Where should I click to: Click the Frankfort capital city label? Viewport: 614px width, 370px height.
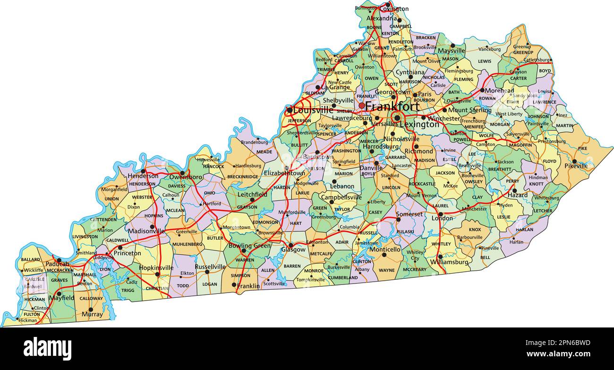[x=392, y=106]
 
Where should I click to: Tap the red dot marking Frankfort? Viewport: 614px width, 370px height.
[x=361, y=105]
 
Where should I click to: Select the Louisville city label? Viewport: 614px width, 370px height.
[x=313, y=110]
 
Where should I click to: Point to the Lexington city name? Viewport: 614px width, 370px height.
[x=419, y=125]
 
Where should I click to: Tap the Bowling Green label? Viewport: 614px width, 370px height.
[x=249, y=246]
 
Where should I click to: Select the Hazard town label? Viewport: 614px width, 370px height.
[x=518, y=195]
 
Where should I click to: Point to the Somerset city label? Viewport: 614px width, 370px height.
[x=409, y=214]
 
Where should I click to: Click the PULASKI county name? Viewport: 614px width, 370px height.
[x=405, y=232]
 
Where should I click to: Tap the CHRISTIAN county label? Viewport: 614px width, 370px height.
[x=157, y=288]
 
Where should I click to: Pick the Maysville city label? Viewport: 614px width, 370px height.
[x=451, y=51]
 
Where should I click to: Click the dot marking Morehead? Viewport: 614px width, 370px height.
[x=482, y=90]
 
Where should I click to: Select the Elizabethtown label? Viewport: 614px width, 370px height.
[x=284, y=173]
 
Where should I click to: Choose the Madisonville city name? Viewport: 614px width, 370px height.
[x=146, y=231]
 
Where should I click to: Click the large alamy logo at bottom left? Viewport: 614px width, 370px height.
[x=47, y=349]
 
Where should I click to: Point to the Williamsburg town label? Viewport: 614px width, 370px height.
[x=449, y=262]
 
